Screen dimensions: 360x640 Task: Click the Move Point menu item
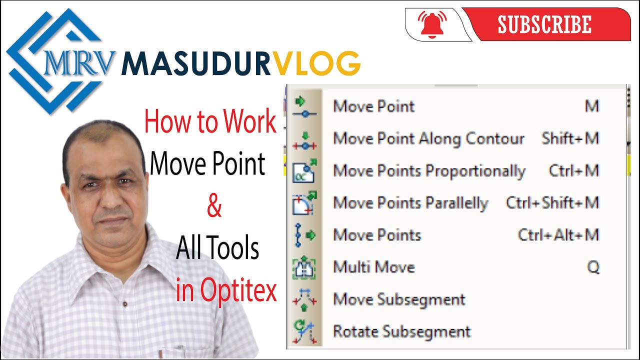pyautogui.click(x=374, y=106)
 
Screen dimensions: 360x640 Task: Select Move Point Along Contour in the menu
pyautogui.click(x=428, y=138)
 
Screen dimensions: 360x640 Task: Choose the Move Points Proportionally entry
pyautogui.click(x=429, y=171)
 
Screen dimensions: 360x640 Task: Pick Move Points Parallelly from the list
pyautogui.click(x=410, y=203)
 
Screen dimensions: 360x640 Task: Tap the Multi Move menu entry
pyautogui.click(x=374, y=267)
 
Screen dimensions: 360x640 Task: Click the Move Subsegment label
pyautogui.click(x=399, y=299)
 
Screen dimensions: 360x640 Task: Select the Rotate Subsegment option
pyautogui.click(x=402, y=331)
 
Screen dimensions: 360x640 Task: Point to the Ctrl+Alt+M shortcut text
pyautogui.click(x=558, y=235)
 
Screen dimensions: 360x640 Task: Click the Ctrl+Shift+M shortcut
pyautogui.click(x=552, y=203)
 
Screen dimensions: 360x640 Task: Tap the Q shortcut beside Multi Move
pyautogui.click(x=593, y=267)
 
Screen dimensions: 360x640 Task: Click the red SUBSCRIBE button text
pyautogui.click(x=544, y=24)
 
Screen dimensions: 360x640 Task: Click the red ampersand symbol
pyautogui.click(x=214, y=206)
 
